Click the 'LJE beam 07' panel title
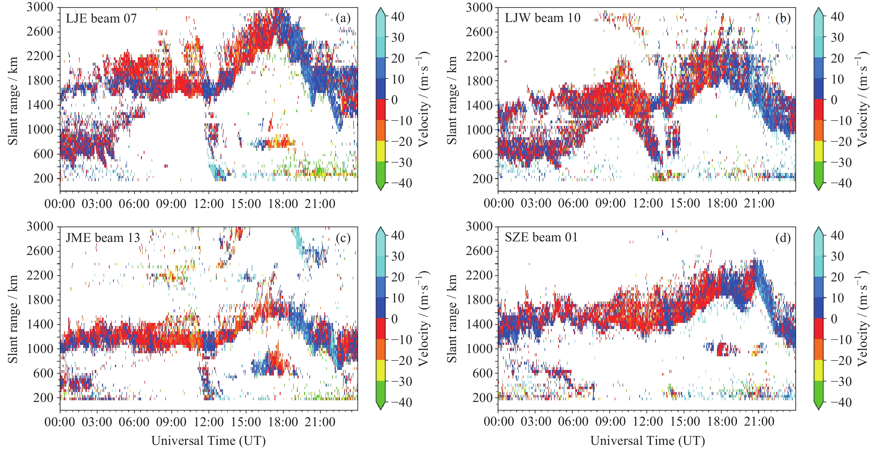[x=101, y=18]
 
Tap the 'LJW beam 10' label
[x=542, y=18]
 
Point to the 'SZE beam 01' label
[x=541, y=237]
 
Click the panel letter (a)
[x=343, y=18]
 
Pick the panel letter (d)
[x=783, y=238]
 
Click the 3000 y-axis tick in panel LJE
[x=40, y=7]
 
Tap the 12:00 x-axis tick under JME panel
[x=208, y=422]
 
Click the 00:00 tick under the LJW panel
[x=499, y=203]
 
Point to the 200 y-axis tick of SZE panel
[x=482, y=398]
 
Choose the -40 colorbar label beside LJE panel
[x=401, y=183]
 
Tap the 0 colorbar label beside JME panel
[x=394, y=319]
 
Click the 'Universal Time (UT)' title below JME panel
[x=208, y=441]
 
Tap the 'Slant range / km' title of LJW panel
[x=452, y=100]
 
